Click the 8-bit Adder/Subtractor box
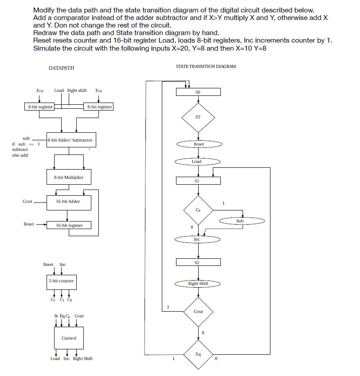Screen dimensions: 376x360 [x=70, y=140]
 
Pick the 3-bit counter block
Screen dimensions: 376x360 [x=61, y=281]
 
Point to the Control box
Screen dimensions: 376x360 [x=69, y=338]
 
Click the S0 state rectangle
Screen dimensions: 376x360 [x=198, y=92]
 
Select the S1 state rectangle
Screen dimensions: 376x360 [x=198, y=181]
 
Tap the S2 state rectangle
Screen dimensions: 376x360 [x=198, y=263]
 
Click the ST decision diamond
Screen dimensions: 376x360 [x=198, y=117]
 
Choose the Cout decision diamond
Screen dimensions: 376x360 [x=198, y=312]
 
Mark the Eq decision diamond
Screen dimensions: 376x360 [x=198, y=354]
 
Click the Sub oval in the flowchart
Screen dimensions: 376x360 [x=240, y=221]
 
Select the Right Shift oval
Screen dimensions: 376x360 [x=198, y=284]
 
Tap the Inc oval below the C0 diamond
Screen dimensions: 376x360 [x=197, y=239]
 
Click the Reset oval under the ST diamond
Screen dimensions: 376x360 [x=199, y=144]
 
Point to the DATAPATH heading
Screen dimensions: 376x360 [x=61, y=68]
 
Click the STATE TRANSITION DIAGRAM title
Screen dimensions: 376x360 [x=206, y=66]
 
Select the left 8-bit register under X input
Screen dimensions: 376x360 [x=39, y=107]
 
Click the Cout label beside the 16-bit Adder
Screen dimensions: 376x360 [x=27, y=202]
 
